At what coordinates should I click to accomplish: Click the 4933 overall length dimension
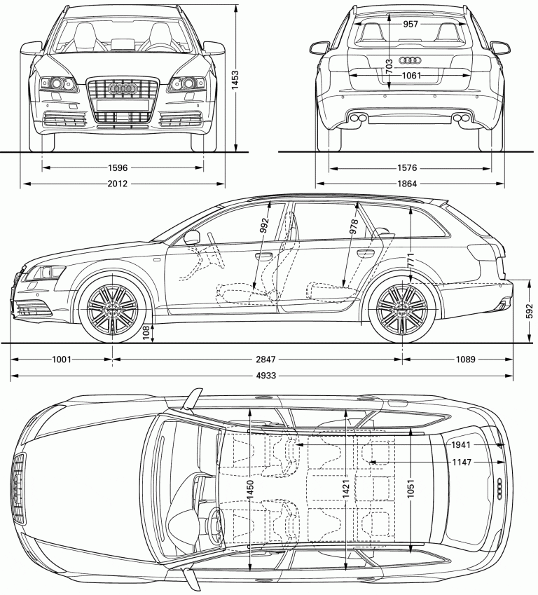(265, 376)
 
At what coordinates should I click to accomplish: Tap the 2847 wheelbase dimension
(265, 360)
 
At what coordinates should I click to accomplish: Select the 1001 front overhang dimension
(62, 360)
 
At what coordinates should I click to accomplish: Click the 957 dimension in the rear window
(411, 25)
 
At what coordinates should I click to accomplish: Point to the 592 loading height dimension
(529, 310)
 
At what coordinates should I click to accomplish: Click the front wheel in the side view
(111, 310)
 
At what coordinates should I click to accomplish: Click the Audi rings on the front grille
(123, 90)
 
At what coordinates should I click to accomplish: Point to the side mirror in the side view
(192, 237)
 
